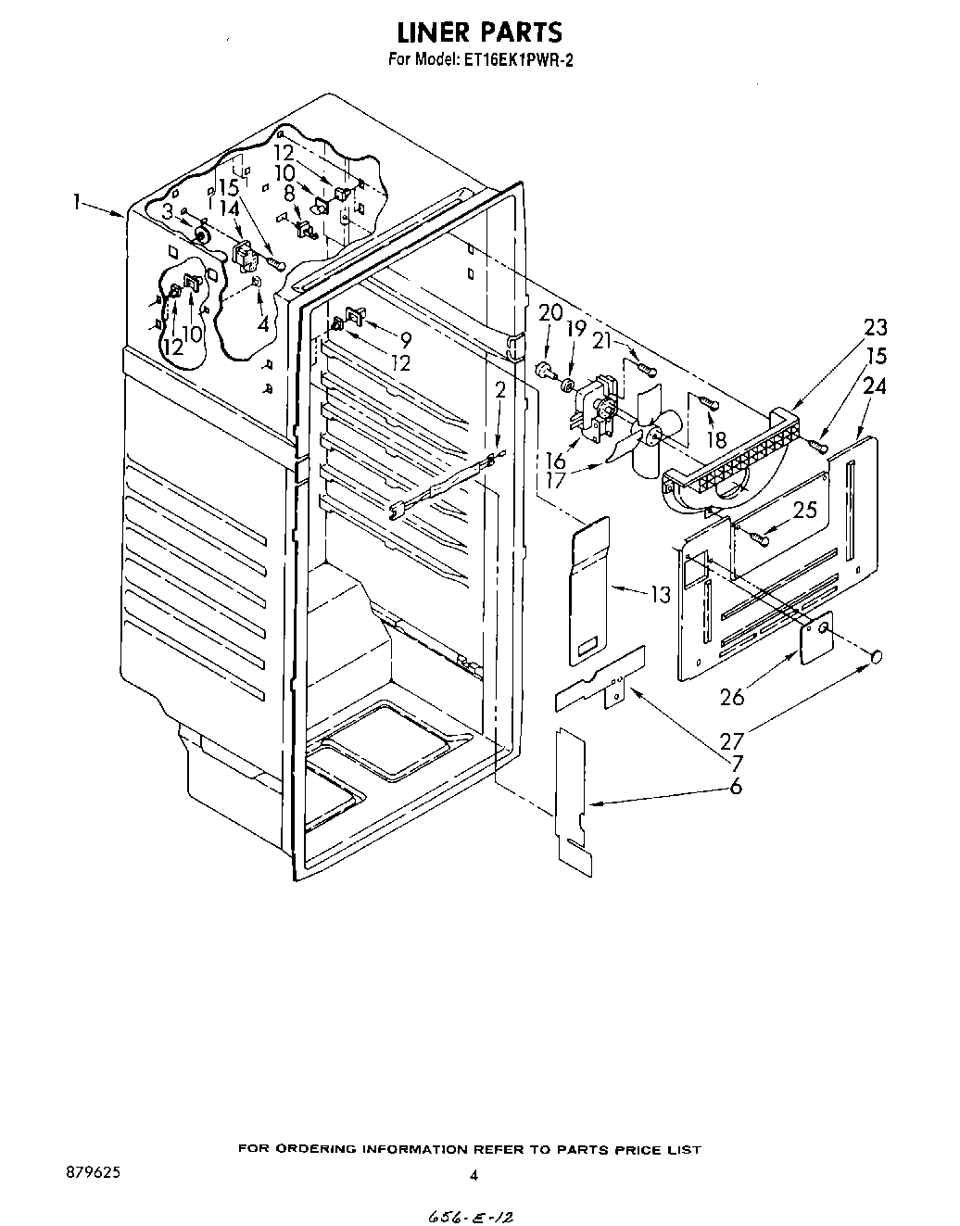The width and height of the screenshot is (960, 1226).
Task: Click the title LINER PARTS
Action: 479,32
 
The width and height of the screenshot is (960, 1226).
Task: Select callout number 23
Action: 875,327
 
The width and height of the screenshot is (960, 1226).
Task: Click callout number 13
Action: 660,593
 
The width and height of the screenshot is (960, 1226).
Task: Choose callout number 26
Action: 732,696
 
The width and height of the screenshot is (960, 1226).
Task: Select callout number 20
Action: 549,312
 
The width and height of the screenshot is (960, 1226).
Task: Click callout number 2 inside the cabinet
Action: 500,390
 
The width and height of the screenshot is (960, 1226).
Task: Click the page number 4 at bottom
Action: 473,1176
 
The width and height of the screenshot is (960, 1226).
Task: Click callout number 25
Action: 804,509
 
